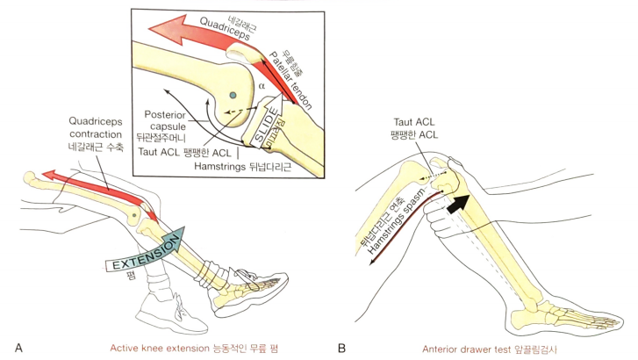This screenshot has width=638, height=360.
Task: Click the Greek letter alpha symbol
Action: coord(261,86)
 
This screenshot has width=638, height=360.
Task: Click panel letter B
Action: coord(341,349)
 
